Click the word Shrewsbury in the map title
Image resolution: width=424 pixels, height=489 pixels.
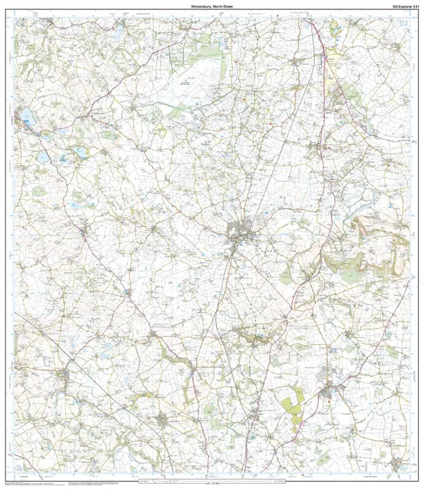200,7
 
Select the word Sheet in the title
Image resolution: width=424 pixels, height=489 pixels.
228,7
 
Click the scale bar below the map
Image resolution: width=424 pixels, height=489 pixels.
212,481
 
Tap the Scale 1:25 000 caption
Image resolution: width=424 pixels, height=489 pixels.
212,485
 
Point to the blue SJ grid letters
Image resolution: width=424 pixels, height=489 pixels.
404,23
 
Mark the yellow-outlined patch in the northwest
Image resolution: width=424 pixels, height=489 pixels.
160,130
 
